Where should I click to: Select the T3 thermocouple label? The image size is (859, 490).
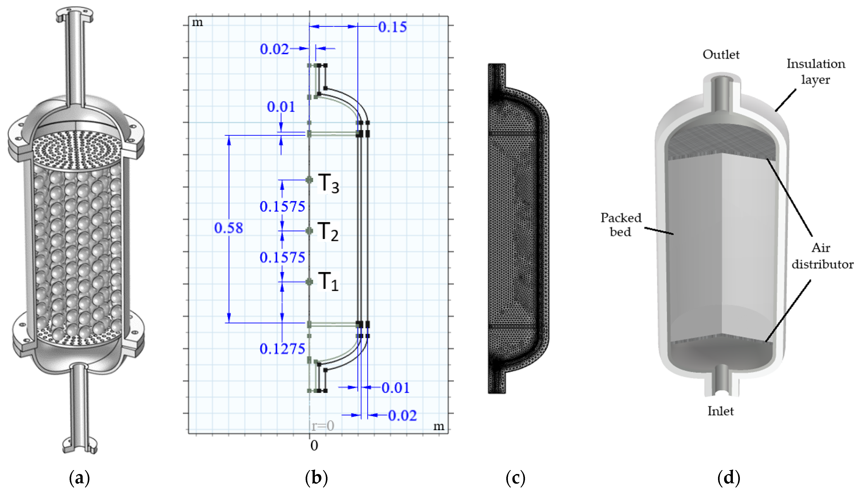pos(328,183)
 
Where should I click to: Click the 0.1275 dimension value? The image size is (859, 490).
pos(282,349)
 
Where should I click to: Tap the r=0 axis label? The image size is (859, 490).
pos(323,426)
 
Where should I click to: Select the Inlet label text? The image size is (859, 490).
pos(720,411)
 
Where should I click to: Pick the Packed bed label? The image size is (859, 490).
pos(620,224)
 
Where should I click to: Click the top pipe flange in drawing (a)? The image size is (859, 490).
pos(75,13)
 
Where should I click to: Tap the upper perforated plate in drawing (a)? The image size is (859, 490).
pos(76,148)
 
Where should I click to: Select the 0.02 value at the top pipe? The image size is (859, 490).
pos(274,49)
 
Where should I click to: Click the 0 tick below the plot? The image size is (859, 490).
pos(314,445)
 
